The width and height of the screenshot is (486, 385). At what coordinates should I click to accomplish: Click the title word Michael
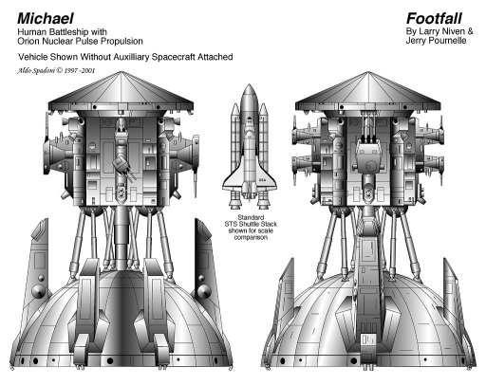46,18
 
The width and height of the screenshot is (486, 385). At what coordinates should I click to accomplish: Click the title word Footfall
434,18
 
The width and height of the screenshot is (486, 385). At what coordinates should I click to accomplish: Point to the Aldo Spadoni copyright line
56,70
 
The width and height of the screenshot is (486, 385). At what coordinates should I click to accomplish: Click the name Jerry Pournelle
436,41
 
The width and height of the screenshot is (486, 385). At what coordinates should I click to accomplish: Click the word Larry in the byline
430,31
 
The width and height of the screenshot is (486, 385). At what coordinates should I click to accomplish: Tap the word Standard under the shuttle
251,217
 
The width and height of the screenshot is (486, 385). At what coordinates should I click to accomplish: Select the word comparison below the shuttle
250,237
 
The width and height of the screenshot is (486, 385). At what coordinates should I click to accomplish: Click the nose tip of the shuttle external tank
249,84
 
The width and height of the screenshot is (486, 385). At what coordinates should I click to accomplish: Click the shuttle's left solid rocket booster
235,136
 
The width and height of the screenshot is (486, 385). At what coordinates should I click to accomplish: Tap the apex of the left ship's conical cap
121,72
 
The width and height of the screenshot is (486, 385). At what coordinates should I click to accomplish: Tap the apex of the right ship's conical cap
367,72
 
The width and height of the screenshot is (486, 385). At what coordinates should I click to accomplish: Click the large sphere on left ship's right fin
203,291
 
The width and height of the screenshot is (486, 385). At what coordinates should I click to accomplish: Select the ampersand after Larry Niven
470,31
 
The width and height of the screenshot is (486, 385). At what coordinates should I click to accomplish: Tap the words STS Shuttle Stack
251,224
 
